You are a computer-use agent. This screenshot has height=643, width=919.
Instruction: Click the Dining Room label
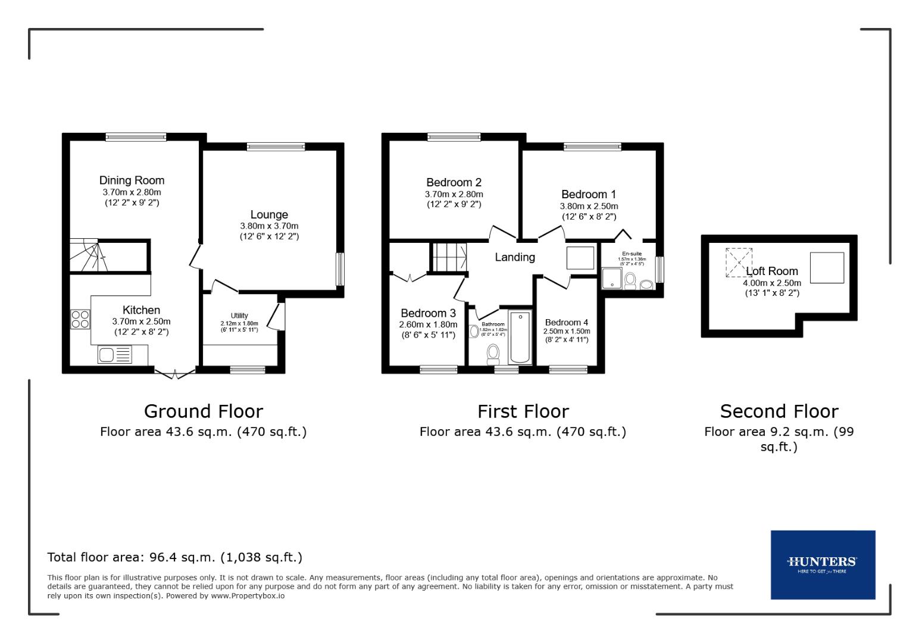132,180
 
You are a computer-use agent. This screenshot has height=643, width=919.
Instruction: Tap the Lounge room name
269,214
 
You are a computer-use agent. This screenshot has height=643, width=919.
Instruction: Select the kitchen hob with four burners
80,319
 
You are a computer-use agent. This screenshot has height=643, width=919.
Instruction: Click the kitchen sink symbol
115,355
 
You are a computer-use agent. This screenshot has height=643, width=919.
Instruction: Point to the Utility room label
239,316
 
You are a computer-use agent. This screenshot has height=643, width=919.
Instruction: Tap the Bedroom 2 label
454,182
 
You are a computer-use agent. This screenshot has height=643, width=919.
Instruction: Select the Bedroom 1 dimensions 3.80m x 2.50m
589,206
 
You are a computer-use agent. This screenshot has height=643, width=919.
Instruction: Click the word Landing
515,257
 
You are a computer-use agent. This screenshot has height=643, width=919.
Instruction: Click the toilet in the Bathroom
493,354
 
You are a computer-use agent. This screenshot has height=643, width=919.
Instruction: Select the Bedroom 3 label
428,313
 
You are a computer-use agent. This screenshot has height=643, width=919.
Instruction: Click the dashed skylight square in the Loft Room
737,262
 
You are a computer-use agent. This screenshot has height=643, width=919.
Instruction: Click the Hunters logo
823,564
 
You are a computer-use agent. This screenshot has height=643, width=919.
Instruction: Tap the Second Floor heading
779,411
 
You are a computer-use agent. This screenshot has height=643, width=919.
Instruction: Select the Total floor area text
174,557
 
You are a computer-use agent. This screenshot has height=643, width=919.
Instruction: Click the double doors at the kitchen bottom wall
175,373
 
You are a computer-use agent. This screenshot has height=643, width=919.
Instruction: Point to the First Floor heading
523,411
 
